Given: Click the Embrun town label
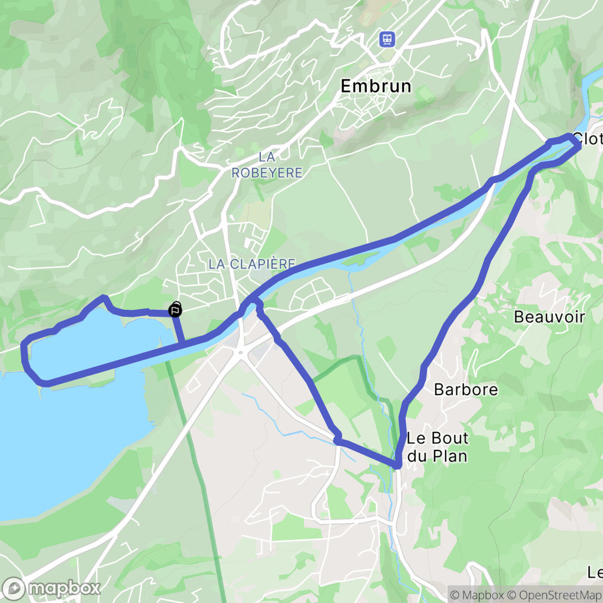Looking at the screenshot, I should [x=376, y=86].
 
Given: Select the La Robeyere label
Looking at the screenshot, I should [x=267, y=165].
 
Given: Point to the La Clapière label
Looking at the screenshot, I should [x=251, y=264].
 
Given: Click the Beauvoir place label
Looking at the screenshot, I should [x=549, y=317].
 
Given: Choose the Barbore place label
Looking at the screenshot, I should [x=466, y=389].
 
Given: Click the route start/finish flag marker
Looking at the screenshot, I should [x=175, y=310].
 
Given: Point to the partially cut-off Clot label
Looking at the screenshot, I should [x=587, y=140].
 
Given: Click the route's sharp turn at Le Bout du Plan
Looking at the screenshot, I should [x=398, y=465].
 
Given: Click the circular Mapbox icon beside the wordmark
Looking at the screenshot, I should [x=14, y=588].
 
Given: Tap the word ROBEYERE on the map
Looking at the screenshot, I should [x=267, y=173].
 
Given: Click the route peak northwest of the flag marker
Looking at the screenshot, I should [x=104, y=298].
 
